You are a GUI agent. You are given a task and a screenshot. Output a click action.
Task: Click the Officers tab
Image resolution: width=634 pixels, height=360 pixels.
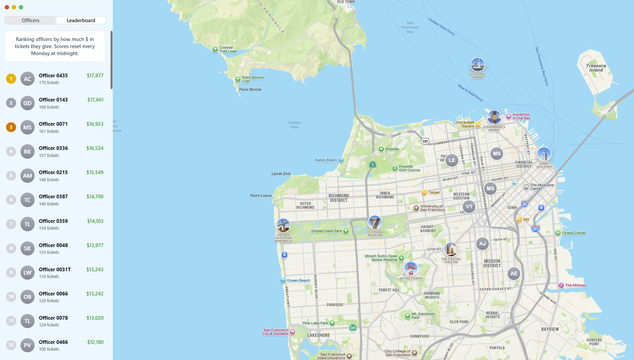[x=31, y=21]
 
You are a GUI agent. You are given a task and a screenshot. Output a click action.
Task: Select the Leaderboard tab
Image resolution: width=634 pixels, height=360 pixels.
[x=81, y=21]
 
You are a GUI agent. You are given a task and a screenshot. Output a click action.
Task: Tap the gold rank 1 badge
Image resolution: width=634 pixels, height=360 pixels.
[x=11, y=79]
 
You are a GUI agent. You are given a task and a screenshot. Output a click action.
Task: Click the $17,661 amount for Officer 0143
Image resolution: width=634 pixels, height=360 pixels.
[x=95, y=100]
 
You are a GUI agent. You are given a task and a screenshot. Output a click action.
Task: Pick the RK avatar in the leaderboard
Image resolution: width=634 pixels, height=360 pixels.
[x=28, y=152]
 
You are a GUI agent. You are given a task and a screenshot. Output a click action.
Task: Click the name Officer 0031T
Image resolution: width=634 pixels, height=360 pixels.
[x=55, y=270]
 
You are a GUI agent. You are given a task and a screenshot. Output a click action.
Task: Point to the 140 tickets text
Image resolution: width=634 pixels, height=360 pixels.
[x=49, y=204]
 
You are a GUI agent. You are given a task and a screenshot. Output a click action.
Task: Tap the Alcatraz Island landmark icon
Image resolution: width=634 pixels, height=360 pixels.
[x=477, y=65]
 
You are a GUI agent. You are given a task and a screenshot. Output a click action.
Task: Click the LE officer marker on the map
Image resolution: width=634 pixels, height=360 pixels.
[x=452, y=160]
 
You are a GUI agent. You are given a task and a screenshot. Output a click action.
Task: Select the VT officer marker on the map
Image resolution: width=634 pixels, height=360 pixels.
[x=469, y=207]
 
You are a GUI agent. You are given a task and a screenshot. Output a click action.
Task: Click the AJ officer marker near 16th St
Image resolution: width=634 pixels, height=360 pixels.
[x=482, y=244]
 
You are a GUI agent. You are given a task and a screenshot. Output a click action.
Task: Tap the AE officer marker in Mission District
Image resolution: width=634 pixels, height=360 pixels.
[x=514, y=274]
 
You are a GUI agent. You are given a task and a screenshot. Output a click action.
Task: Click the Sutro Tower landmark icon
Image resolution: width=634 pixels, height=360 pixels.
[x=411, y=269]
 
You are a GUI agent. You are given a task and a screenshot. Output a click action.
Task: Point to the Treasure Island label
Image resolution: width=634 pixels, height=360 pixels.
[x=596, y=68]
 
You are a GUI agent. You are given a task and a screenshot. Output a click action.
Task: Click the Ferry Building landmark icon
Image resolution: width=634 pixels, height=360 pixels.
[x=544, y=155]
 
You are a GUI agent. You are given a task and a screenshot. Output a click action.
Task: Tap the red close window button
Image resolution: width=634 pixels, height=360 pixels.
[x=7, y=7]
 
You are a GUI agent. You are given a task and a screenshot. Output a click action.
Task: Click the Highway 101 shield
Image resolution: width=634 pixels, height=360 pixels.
[x=425, y=141]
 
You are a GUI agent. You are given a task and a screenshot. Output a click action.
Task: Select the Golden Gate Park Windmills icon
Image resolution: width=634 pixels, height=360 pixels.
[x=283, y=225]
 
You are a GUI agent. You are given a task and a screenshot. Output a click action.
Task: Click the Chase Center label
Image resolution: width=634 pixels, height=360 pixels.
[x=574, y=233]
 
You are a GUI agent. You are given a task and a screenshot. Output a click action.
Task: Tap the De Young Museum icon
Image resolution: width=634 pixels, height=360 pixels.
[x=375, y=223]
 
